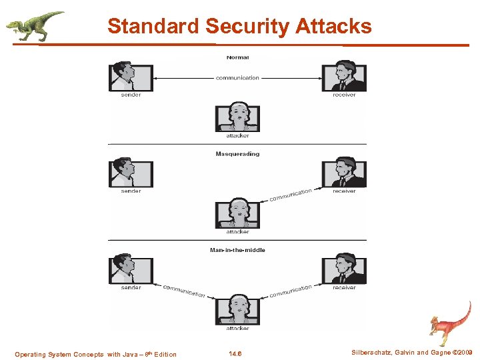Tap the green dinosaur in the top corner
pyautogui.click(x=35, y=25)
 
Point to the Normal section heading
pyautogui.click(x=237, y=57)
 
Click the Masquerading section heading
pyautogui.click(x=237, y=154)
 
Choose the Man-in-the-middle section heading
pyautogui.click(x=237, y=250)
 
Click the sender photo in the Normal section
pyautogui.click(x=131, y=76)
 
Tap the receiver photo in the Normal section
pyautogui.click(x=344, y=76)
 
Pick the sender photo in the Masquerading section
pyautogui.click(x=131, y=172)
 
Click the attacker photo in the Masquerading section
pyautogui.click(x=237, y=213)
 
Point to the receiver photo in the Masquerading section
pyautogui.click(x=344, y=172)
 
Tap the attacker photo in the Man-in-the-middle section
pyautogui.click(x=237, y=309)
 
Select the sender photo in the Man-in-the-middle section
pyautogui.click(x=131, y=268)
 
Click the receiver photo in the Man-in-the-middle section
pyautogui.click(x=344, y=268)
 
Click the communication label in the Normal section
pyautogui.click(x=237, y=78)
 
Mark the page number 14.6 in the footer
pyautogui.click(x=235, y=354)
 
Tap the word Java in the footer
pyautogui.click(x=133, y=355)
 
